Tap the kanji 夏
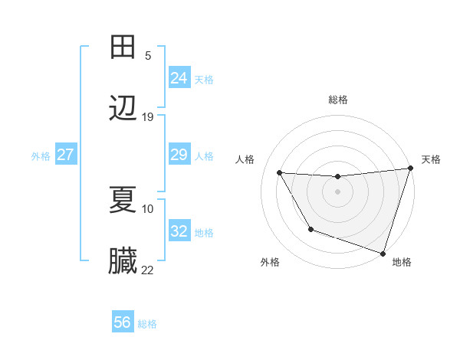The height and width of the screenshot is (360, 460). pos(123,199)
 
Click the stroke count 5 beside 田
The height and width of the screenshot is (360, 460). pos(147,55)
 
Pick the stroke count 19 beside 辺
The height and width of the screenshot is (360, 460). pos(148,117)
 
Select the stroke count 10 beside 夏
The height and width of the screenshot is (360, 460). pos(148,208)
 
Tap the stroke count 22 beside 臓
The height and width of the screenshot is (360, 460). pos(148,270)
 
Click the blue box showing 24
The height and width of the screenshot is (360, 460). pos(179,78)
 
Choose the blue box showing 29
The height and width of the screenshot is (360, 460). pos(179,155)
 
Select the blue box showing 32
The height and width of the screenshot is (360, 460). pos(179,232)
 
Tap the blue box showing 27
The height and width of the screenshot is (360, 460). pos(66,155)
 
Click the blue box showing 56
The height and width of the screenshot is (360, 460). pos(123,322)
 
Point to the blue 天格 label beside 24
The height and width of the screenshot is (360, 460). pos(204,79)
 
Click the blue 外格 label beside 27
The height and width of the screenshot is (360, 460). pos(41,156)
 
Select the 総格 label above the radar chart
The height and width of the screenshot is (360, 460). pos(338,100)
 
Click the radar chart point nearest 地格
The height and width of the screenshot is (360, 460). pos(383,253)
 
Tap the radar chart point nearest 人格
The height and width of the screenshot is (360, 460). pos(280,173)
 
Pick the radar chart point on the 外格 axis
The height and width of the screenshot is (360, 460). pos(310,229)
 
